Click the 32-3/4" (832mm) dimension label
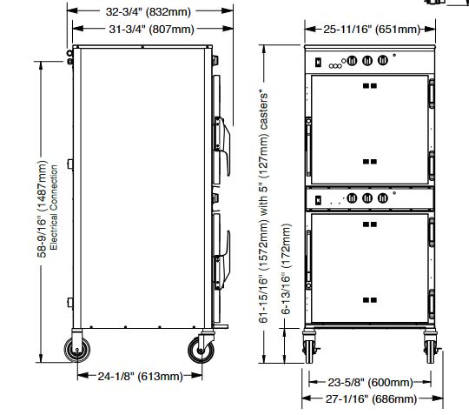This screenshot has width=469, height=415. (148, 11)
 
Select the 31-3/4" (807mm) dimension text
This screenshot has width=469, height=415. (151, 29)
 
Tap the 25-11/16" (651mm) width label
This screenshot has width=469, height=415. (372, 29)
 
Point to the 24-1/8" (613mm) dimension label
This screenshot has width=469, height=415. (140, 376)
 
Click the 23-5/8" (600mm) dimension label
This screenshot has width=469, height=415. (370, 382)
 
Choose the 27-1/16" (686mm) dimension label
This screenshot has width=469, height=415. (371, 398)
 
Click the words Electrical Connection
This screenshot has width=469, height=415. (54, 207)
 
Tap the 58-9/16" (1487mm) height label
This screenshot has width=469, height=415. (42, 209)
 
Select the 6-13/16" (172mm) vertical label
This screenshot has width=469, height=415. (286, 269)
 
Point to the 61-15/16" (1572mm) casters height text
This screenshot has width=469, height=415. (263, 206)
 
